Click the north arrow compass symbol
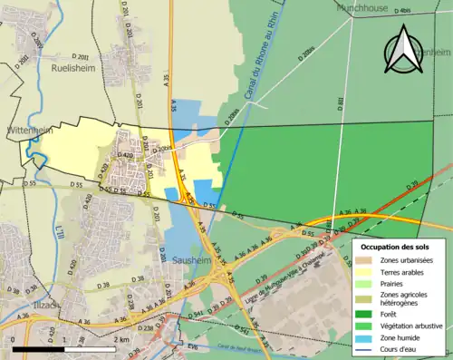(405, 49)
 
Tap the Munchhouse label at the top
(361, 7)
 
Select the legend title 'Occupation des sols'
(395, 247)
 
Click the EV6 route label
(192, 346)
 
